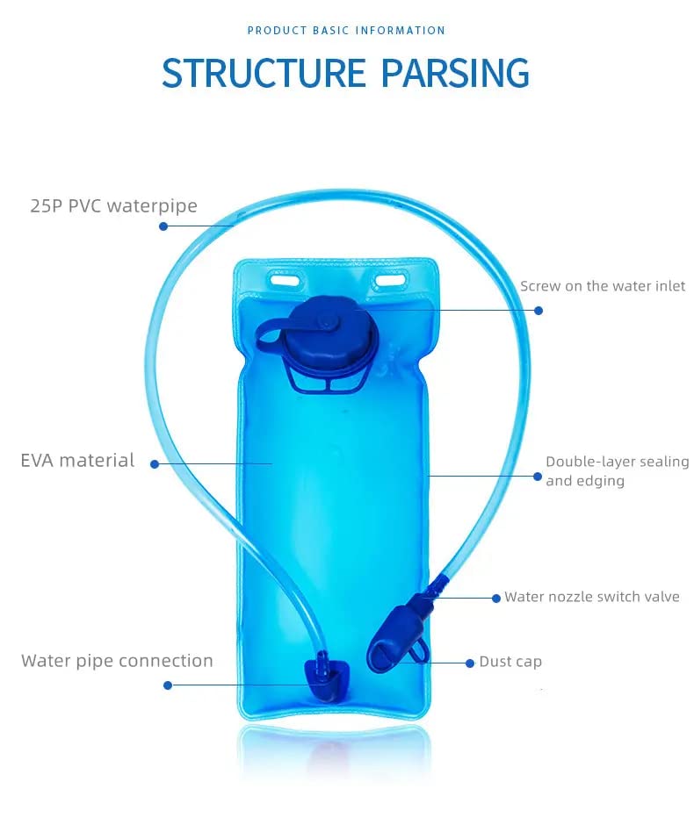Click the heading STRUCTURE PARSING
345,74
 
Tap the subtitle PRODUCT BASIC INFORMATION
346,31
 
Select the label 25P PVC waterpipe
110,206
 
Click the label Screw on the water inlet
603,286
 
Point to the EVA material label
78,460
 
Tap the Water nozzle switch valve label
591,597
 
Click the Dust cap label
510,662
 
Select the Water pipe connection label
118,661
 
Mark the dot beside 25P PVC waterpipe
163,226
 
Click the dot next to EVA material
155,464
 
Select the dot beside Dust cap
470,663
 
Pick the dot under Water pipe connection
168,685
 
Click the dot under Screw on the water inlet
539,310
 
